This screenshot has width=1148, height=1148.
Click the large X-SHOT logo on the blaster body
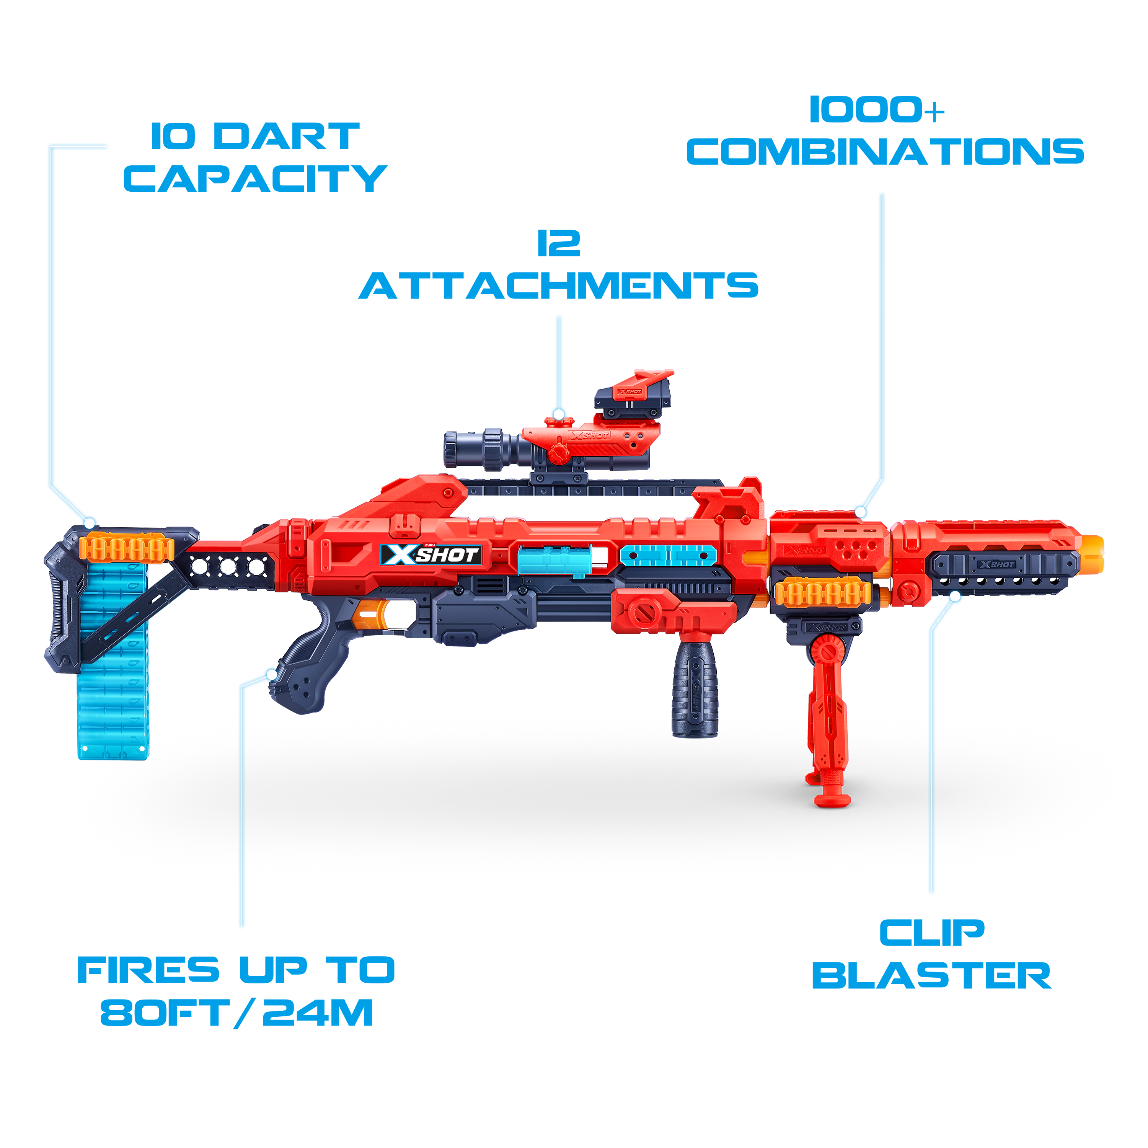click(431, 555)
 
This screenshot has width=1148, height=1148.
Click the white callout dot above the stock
click(90, 523)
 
